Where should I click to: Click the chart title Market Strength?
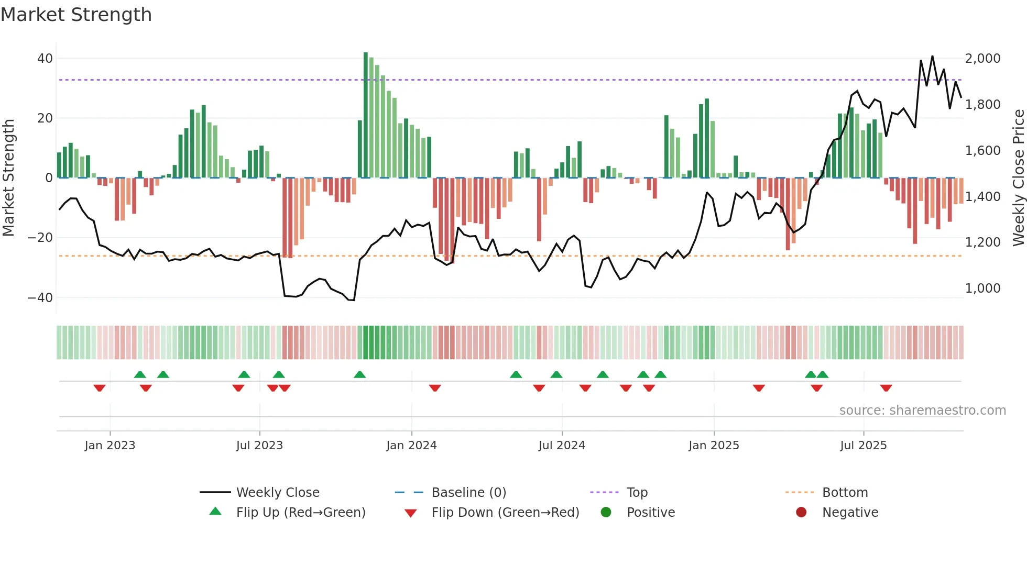(76, 15)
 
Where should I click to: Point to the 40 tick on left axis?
(45, 59)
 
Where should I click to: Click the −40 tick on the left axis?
(40, 298)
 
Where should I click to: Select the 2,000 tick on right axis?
(982, 59)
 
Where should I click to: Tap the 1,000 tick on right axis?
(982, 288)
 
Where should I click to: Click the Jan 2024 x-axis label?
(411, 446)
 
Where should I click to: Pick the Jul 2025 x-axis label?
(863, 446)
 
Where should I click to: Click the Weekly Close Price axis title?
(1018, 178)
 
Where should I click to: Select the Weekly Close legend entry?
(278, 493)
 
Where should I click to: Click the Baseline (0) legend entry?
(468, 493)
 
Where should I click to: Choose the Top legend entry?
(637, 493)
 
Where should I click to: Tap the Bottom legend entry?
(845, 493)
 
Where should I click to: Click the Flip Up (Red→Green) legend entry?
(300, 513)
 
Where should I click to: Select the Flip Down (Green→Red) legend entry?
(505, 513)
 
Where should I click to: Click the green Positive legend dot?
(606, 513)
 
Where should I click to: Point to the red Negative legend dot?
(801, 513)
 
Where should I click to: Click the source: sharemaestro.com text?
(922, 410)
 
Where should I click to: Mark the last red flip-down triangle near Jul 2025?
(886, 388)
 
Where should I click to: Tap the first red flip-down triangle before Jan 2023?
(100, 388)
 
